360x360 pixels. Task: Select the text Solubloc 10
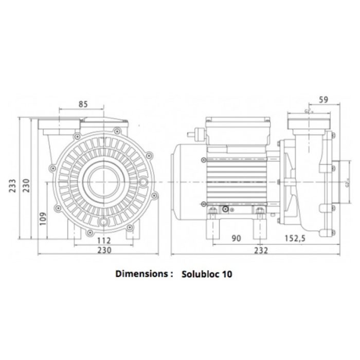point(207,274)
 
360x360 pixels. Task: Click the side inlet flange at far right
point(335,182)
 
